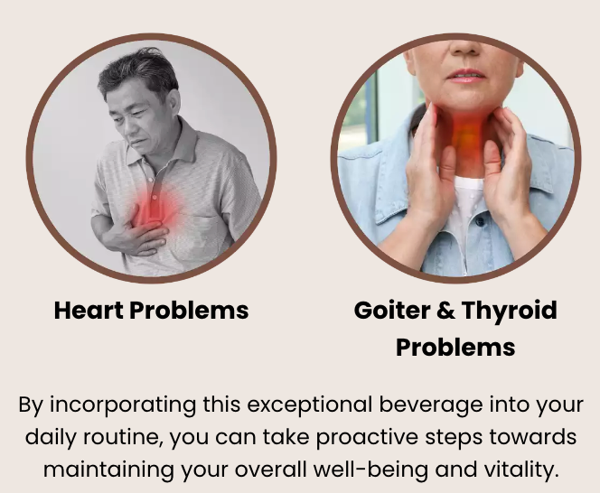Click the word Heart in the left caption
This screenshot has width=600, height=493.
pyautogui.click(x=89, y=311)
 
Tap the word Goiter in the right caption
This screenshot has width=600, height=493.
pyautogui.click(x=392, y=311)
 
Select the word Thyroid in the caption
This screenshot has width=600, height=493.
pyautogui.click(x=510, y=311)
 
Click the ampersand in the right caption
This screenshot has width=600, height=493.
pyautogui.click(x=445, y=311)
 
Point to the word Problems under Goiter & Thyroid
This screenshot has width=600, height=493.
pyautogui.click(x=455, y=348)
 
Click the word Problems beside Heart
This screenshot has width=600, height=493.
pyautogui.click(x=189, y=311)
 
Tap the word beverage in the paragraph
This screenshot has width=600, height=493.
pyautogui.click(x=431, y=405)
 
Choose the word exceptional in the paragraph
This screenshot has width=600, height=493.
pyautogui.click(x=309, y=405)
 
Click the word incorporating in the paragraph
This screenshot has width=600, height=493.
pyautogui.click(x=123, y=405)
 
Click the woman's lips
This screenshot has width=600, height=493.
pyautogui.click(x=466, y=75)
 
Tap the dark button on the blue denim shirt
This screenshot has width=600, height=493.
pyautogui.click(x=480, y=220)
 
